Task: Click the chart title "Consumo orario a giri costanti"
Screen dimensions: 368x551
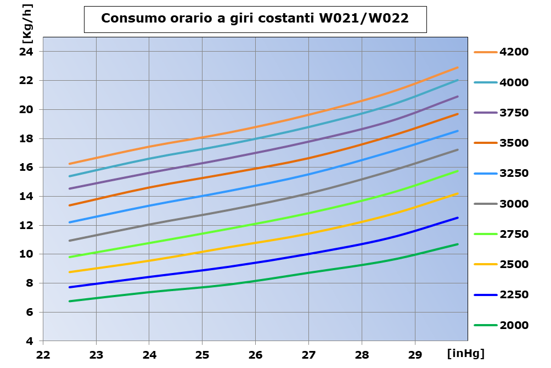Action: coord(255,19)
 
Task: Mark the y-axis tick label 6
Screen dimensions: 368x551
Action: coord(30,312)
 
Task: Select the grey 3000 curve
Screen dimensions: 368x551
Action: coord(256,204)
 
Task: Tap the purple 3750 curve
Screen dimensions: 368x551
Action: coord(256,153)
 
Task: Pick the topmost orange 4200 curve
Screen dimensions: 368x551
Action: coord(256,127)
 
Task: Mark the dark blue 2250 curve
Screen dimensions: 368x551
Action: coord(256,263)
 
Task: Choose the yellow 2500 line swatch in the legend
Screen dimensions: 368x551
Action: coord(485,265)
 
